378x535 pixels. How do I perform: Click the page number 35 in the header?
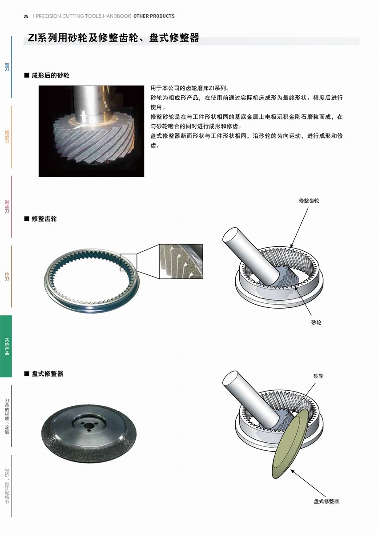coord(26,16)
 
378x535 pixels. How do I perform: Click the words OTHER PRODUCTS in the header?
coord(154,16)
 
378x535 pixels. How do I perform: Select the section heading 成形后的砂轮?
coord(50,75)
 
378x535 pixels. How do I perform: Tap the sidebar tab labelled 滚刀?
coord(7,67)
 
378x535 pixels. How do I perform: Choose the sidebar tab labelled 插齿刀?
coord(7,137)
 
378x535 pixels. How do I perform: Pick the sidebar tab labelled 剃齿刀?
coord(7,207)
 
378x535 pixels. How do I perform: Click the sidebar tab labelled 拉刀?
coord(7,276)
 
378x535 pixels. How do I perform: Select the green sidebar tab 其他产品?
coord(6,346)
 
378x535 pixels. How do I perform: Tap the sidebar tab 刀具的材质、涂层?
coord(7,416)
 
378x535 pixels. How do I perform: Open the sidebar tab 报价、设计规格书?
coord(7,486)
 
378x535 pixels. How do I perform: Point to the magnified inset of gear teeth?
coord(181,261)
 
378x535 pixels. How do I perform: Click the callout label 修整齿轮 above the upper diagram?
coord(309,200)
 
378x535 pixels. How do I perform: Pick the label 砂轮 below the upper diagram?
coord(316,323)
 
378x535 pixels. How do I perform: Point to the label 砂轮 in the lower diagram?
coord(318,376)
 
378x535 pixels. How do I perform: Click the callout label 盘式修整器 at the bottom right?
coord(326,501)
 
